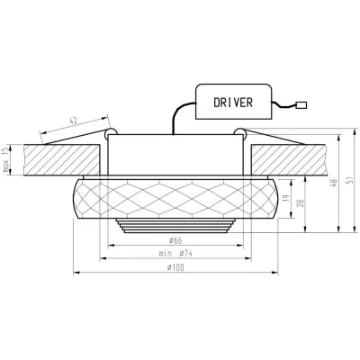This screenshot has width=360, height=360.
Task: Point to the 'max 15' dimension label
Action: coord(7,158)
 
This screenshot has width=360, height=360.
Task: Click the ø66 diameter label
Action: coord(175,240)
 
